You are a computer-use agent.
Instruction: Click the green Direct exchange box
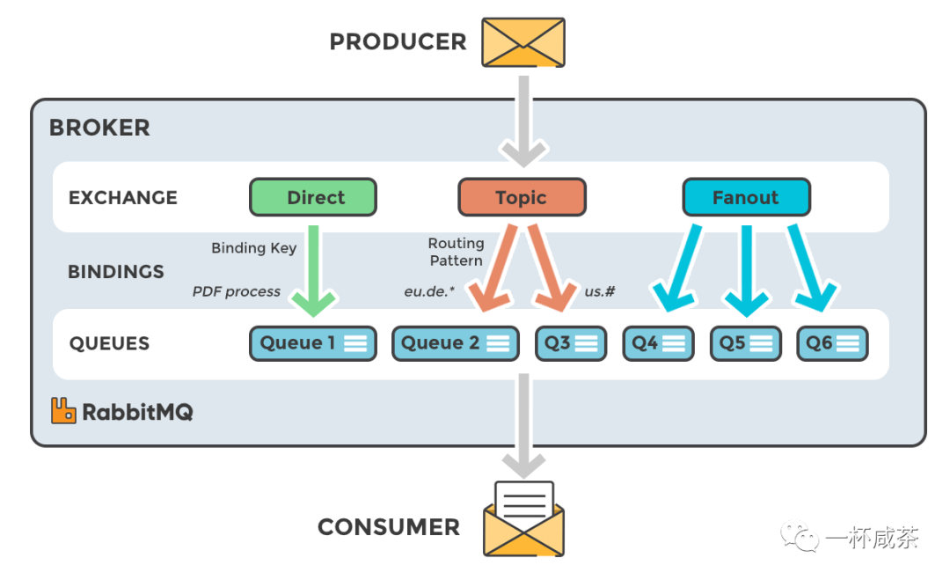click(x=313, y=197)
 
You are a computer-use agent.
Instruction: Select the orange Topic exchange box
click(x=522, y=197)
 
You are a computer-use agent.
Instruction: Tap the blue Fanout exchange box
click(x=746, y=197)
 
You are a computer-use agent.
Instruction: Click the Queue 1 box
click(x=312, y=343)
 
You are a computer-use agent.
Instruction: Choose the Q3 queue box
click(x=571, y=343)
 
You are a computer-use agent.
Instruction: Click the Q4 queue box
click(x=658, y=343)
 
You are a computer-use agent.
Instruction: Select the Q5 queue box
click(x=745, y=343)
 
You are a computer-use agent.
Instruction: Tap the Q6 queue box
click(x=832, y=343)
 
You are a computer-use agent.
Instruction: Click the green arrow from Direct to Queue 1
click(x=313, y=268)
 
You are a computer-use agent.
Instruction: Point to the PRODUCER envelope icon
click(x=523, y=42)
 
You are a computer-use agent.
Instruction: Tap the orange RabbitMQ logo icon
click(x=63, y=411)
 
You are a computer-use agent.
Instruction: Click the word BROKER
click(x=99, y=128)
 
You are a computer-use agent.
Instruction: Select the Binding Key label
click(x=254, y=248)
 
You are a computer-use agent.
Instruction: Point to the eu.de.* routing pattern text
click(x=429, y=291)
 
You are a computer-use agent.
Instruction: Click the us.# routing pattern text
click(x=600, y=291)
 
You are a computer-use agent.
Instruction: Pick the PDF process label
click(x=237, y=291)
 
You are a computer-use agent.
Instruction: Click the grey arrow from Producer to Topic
click(x=523, y=119)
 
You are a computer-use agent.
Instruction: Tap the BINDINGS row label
click(x=116, y=272)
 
